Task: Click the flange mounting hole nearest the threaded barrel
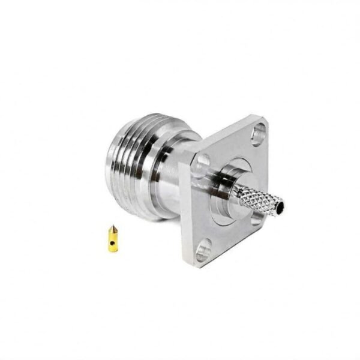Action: tap(203, 161)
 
